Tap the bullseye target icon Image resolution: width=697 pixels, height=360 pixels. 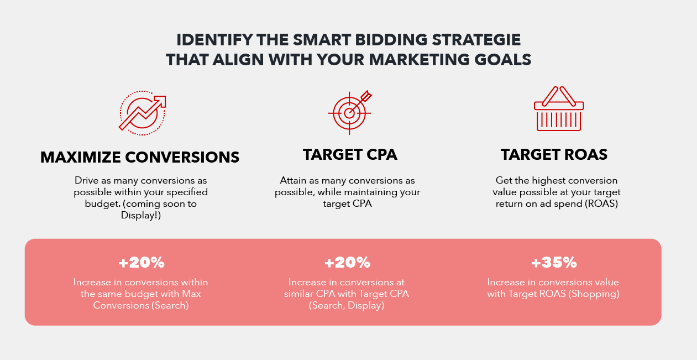click(x=349, y=113)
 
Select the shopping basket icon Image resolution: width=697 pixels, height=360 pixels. click(x=559, y=109)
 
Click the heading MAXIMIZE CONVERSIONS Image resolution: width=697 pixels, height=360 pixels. click(x=140, y=157)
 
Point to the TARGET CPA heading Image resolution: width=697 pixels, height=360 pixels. click(x=350, y=155)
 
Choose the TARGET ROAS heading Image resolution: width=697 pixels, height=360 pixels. click(x=554, y=155)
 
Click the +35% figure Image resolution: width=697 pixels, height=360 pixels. click(x=554, y=263)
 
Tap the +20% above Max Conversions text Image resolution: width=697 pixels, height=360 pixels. click(x=142, y=263)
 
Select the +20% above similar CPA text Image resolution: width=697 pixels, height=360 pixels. click(x=347, y=263)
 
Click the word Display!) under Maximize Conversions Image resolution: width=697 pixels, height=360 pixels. click(x=140, y=216)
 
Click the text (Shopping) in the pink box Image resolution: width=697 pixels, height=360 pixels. click(x=594, y=294)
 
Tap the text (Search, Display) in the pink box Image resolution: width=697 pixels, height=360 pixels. click(x=347, y=305)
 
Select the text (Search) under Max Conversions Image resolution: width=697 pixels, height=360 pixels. click(x=170, y=305)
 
